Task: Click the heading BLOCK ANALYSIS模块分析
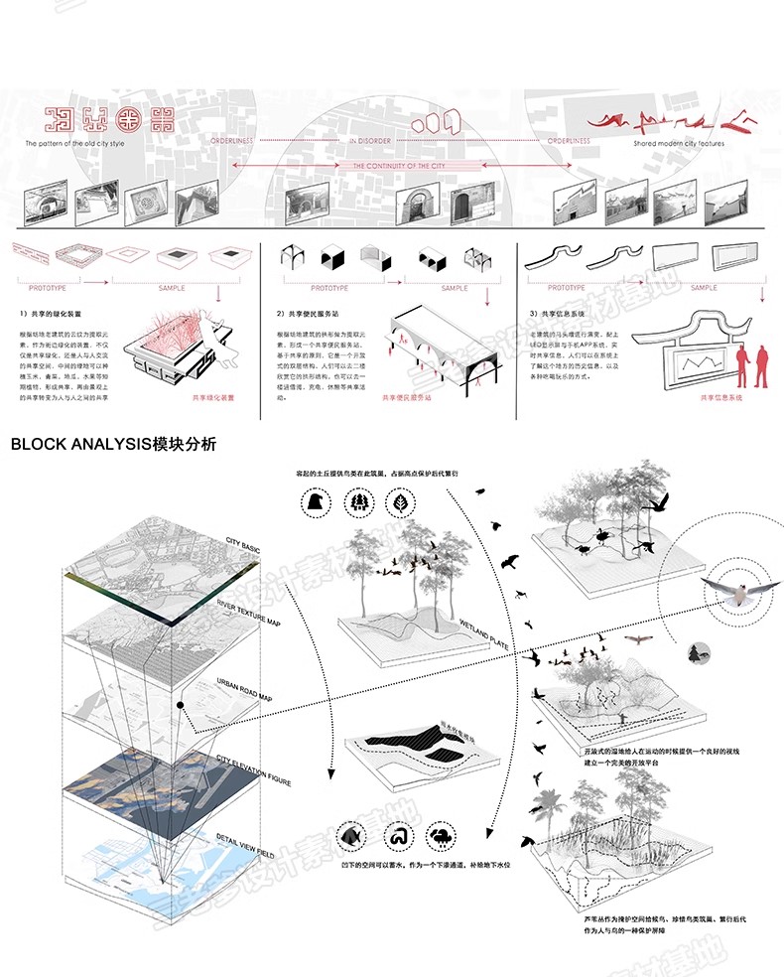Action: (x=113, y=444)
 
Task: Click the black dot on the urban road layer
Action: (x=181, y=706)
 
